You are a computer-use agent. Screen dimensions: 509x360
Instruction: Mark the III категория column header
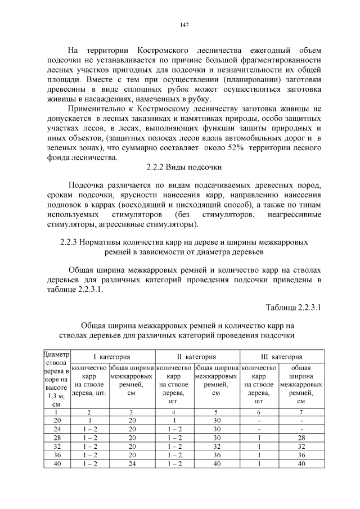click(281, 357)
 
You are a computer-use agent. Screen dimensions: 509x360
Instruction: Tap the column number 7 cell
click(301, 412)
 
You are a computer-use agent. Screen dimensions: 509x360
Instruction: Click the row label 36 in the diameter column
click(57, 455)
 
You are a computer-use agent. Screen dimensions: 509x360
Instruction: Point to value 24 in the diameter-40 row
click(132, 463)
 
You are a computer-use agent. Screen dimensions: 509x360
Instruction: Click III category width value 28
click(301, 438)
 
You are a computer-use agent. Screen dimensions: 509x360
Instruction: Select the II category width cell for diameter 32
click(216, 447)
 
